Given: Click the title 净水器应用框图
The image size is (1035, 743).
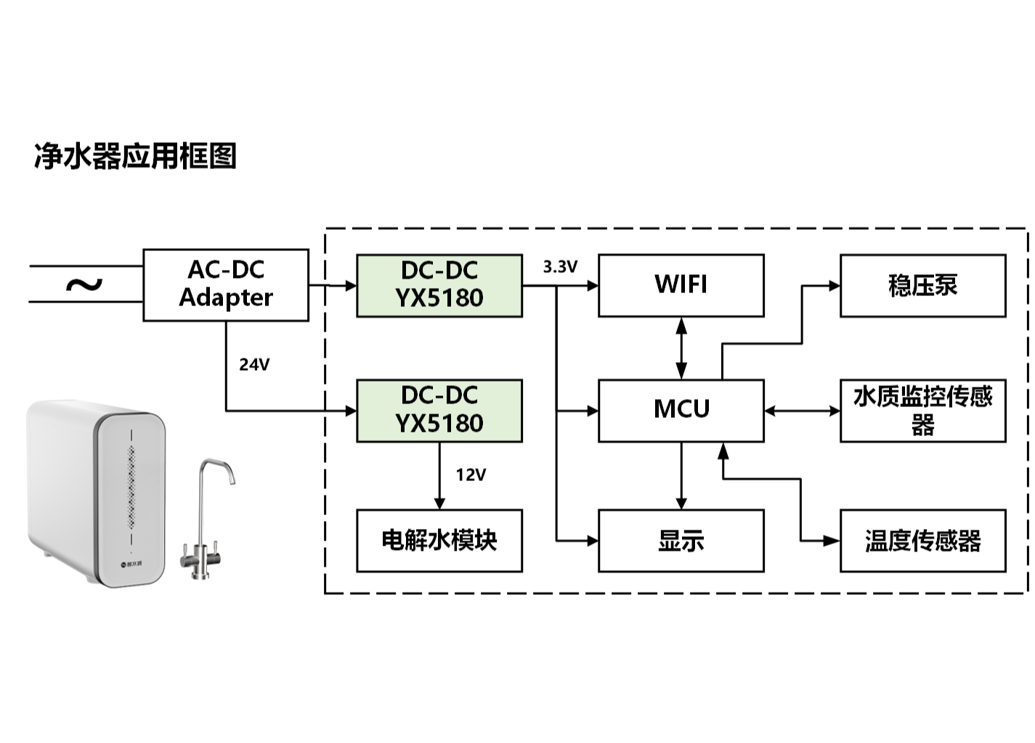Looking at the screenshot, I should point(136,156).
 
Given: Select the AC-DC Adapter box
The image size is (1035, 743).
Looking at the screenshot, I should point(226,284).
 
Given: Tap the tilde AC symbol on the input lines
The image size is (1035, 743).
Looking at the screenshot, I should point(84,284).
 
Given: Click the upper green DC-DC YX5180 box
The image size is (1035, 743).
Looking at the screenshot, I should point(439,285).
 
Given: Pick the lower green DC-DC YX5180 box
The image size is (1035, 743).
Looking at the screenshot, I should point(439,410).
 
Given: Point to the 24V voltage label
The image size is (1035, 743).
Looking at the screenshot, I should point(254,364).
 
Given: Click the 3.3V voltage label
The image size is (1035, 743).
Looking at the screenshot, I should point(560,267).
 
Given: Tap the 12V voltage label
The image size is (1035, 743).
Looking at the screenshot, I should point(471,475).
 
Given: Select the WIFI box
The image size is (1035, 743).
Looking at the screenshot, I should point(681,285).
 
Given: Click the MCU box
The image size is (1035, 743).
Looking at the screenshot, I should point(681,410).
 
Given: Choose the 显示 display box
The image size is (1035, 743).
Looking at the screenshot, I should point(681,541).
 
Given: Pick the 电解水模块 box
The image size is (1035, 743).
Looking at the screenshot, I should point(439,541).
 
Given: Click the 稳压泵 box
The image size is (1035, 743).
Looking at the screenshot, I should point(922,285).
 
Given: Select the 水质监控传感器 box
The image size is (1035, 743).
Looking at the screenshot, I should point(922,410).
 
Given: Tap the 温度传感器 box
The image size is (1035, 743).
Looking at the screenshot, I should point(922,541).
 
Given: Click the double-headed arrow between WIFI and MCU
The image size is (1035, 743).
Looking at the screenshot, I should point(681,348).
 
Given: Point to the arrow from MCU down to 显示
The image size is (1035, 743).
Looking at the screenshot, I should point(681,475).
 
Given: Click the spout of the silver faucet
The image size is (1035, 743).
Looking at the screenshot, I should point(230,479).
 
